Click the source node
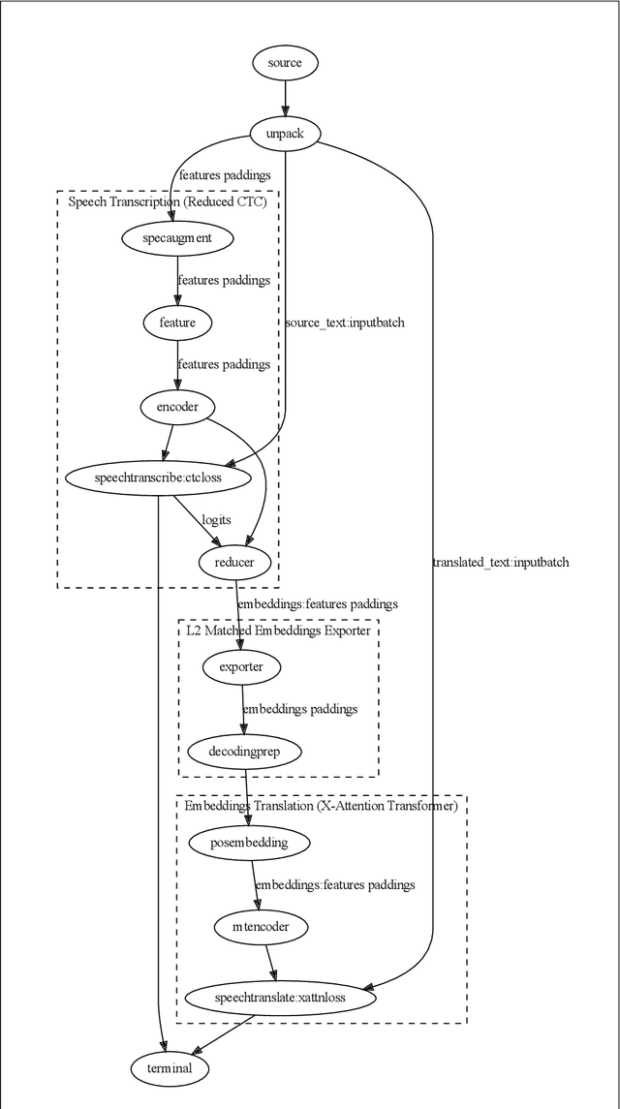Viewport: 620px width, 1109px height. click(285, 63)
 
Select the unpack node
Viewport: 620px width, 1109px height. click(285, 134)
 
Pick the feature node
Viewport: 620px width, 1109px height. click(177, 322)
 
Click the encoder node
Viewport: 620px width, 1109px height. click(177, 407)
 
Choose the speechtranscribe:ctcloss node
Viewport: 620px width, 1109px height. click(158, 477)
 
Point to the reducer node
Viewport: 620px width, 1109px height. click(235, 561)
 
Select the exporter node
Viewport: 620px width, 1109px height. click(241, 666)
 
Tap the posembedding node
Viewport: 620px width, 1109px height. click(249, 843)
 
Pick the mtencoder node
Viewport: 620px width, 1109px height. click(261, 927)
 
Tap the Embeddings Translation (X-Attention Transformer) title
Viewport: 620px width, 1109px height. click(321, 806)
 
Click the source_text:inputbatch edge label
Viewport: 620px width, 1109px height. click(345, 323)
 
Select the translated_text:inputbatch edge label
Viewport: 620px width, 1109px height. click(501, 562)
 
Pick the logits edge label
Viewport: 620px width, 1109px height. click(216, 520)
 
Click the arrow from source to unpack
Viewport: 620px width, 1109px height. click(285, 99)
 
